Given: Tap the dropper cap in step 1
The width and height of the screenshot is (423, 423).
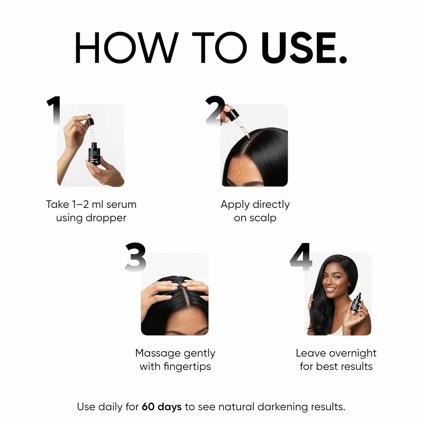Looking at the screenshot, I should pyautogui.click(x=89, y=121).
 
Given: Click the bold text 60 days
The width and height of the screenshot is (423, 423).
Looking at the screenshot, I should pyautogui.click(x=162, y=407).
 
